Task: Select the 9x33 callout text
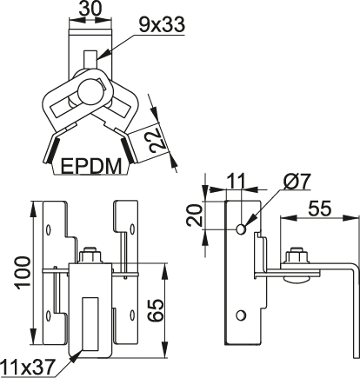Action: click(x=162, y=24)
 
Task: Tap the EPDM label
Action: click(x=91, y=166)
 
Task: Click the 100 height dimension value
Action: click(x=23, y=273)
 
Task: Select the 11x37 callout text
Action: click(x=28, y=368)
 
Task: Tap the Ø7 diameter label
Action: click(x=297, y=182)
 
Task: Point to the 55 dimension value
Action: click(x=319, y=208)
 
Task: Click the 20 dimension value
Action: click(x=195, y=215)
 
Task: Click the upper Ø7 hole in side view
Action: click(x=241, y=229)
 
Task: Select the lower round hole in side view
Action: click(x=241, y=315)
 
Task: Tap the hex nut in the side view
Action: click(x=297, y=256)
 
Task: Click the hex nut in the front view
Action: click(x=90, y=255)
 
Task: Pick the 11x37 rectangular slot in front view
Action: click(x=90, y=323)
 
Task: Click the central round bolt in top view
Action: click(x=89, y=92)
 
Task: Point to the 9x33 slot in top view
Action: click(x=90, y=59)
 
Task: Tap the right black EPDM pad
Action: click(x=128, y=150)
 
